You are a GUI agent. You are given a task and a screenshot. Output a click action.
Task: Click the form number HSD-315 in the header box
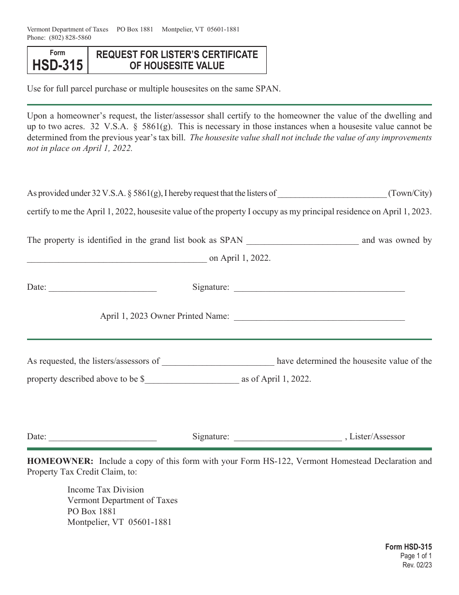57,65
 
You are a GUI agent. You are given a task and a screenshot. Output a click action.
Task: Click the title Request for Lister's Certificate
177,55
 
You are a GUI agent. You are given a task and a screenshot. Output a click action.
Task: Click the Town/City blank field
332,194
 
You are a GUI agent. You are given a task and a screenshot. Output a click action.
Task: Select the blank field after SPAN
302,241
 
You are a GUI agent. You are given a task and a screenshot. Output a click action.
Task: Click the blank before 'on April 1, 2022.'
116,259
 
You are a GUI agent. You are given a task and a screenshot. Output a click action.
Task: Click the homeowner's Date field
102,288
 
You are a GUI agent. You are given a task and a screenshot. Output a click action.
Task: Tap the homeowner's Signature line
319,288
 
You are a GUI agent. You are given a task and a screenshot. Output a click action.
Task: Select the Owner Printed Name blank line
319,317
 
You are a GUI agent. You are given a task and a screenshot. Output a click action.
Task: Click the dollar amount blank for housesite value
192,380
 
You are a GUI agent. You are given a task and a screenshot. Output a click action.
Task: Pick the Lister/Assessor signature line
287,437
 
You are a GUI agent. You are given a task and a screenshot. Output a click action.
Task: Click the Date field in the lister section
102,437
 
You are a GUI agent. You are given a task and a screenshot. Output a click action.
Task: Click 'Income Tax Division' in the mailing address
105,490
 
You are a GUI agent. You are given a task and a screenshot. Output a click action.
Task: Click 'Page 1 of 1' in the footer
417,556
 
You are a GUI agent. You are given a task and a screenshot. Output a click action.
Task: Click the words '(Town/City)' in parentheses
410,193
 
